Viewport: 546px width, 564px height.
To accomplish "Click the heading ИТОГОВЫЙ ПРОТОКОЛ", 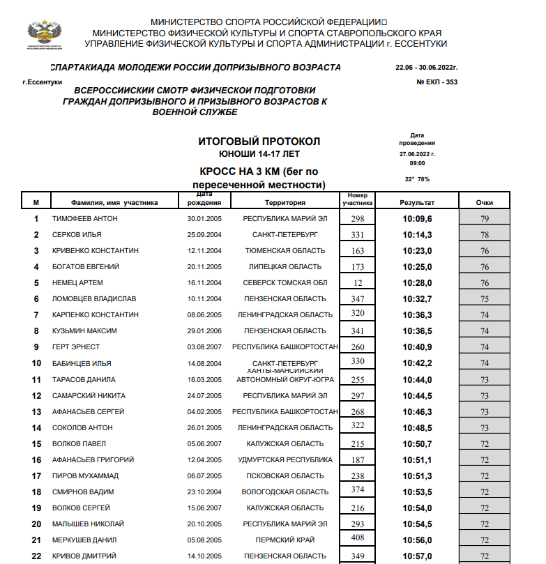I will tap(259, 142).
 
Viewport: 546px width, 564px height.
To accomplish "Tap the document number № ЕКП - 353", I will tap(437, 82).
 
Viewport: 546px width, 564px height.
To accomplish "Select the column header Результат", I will tap(417, 202).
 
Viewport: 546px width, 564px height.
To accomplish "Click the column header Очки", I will tap(485, 202).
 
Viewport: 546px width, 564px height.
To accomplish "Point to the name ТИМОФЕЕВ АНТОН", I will tap(85, 218).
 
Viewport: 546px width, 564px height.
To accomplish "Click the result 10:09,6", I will tap(417, 218).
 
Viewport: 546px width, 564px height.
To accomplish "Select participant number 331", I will tap(358, 234).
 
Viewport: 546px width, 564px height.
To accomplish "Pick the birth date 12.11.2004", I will tap(204, 250).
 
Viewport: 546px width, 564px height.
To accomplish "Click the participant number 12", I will tap(358, 282).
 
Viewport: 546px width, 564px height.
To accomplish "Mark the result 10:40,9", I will tap(417, 346).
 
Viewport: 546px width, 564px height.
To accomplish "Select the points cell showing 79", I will tap(485, 219).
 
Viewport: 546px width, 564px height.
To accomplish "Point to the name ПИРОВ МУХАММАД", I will tap(85, 475).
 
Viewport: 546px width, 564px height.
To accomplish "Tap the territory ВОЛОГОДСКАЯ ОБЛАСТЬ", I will tap(285, 491).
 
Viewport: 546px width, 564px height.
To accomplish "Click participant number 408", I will tap(358, 538).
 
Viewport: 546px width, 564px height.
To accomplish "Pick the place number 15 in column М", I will tap(36, 443).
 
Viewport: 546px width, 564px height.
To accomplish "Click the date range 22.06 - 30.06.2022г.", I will tap(425, 68).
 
